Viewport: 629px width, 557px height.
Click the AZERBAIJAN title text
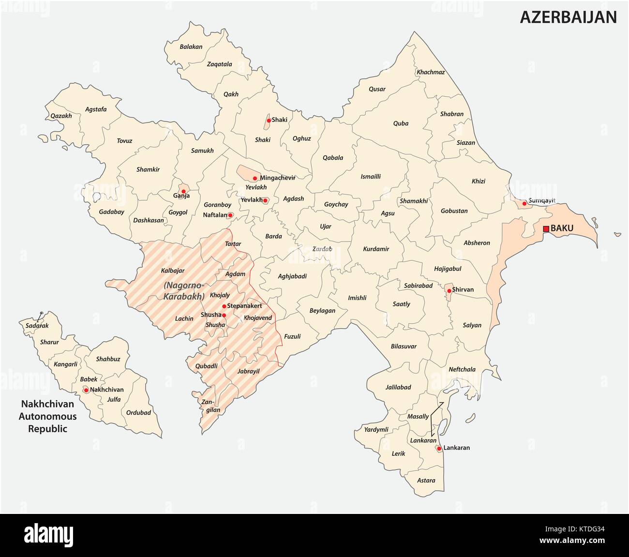pos(568,17)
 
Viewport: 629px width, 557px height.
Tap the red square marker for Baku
pos(546,228)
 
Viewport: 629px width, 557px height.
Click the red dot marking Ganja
pos(183,191)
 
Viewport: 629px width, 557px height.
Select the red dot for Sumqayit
pos(524,203)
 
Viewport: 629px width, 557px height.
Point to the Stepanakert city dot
pos(224,306)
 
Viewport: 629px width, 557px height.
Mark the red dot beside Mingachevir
pos(255,178)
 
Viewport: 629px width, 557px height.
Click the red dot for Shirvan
pos(449,291)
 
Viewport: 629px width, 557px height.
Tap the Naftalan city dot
pos(230,215)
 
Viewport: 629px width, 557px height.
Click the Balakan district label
pos(191,47)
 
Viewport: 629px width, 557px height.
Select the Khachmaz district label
pos(431,72)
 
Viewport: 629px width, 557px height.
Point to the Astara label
pos(426,481)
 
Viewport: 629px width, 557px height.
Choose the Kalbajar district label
pos(172,271)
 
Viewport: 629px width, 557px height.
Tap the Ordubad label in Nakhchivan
pos(138,413)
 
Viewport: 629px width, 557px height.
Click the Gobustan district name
pos(454,211)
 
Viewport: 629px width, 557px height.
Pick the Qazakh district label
pos(61,116)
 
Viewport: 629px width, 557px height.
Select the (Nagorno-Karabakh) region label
pos(184,290)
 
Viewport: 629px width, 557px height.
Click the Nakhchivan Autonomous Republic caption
pos(47,416)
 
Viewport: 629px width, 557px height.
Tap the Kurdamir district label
pos(376,249)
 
